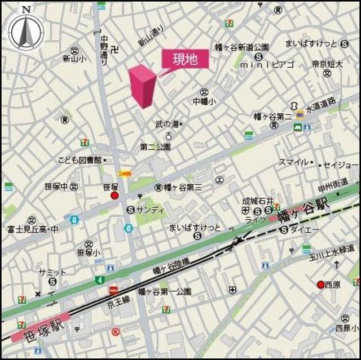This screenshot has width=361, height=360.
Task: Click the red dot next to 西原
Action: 320,285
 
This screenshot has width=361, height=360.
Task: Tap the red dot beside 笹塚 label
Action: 115,195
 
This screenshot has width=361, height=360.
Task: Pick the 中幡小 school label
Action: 204,102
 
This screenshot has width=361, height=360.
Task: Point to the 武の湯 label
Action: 168,123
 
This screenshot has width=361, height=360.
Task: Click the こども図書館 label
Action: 79,161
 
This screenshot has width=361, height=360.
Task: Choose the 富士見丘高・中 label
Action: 34,229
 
